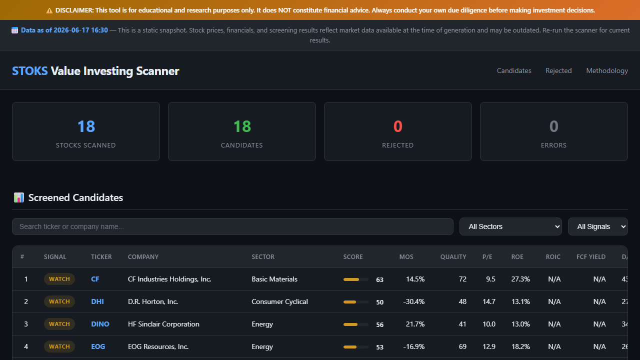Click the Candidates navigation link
[514, 70]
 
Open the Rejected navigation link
[558, 70]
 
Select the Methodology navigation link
[607, 70]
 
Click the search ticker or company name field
[232, 226]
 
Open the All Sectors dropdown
[510, 226]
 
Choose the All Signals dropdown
[597, 226]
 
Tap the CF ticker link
[95, 279]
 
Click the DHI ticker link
[97, 301]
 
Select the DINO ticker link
[100, 324]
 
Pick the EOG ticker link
[98, 346]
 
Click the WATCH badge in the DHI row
[59, 301]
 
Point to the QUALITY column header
[453, 257]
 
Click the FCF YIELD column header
[591, 257]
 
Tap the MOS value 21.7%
[415, 324]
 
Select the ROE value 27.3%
[520, 279]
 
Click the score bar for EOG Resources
[355, 347]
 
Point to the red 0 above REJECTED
[397, 126]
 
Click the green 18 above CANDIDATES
[242, 126]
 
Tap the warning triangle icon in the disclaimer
[49, 10]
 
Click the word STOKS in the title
[29, 71]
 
